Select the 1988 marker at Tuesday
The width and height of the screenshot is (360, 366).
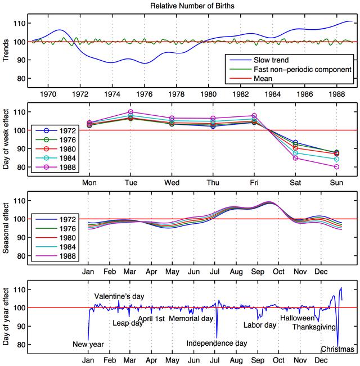point(130,112)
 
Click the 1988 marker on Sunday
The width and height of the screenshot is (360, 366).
point(336,167)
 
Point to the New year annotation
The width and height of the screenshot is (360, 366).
point(88,345)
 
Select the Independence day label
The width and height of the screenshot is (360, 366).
point(217,343)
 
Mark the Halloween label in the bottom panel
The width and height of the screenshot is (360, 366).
point(297,318)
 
